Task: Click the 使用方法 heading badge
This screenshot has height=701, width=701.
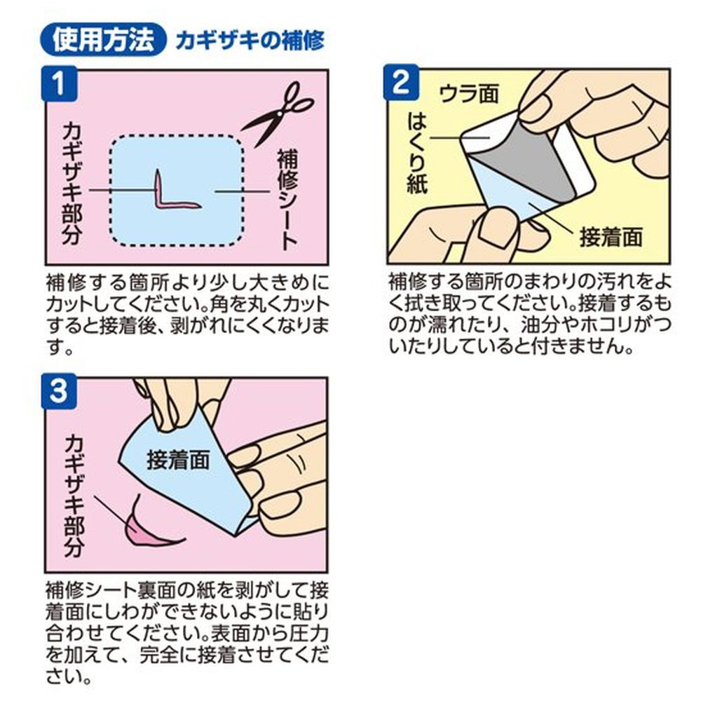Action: coord(103,40)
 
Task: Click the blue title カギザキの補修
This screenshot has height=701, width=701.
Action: coord(250,41)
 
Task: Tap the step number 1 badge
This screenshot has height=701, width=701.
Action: coord(60,83)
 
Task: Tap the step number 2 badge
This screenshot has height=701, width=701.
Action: coord(402,83)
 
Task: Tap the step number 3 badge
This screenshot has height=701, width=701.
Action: coord(60,392)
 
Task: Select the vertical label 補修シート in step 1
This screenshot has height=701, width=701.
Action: coord(287,199)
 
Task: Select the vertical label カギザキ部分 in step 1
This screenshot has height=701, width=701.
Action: coord(73,183)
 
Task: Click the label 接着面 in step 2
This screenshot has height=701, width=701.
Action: coord(611,237)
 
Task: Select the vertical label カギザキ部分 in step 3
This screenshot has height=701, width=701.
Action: coord(74,496)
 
